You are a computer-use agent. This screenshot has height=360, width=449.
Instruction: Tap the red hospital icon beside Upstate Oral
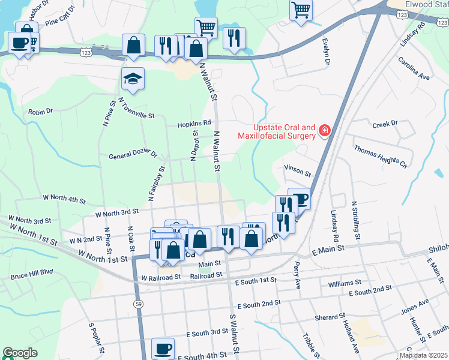325,130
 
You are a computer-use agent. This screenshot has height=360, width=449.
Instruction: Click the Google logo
20,353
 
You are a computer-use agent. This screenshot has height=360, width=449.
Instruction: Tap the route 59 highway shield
139,305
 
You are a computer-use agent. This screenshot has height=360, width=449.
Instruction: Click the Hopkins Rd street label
194,124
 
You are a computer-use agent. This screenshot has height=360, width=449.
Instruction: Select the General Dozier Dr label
133,156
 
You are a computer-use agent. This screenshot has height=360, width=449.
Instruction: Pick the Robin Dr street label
41,112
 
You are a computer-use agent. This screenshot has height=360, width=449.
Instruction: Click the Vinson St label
298,171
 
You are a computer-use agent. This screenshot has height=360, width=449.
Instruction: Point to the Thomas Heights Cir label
381,156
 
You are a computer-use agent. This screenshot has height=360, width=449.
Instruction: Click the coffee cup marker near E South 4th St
163,348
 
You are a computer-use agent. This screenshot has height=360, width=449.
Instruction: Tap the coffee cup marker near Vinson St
299,199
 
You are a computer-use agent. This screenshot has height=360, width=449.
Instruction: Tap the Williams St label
340,282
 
